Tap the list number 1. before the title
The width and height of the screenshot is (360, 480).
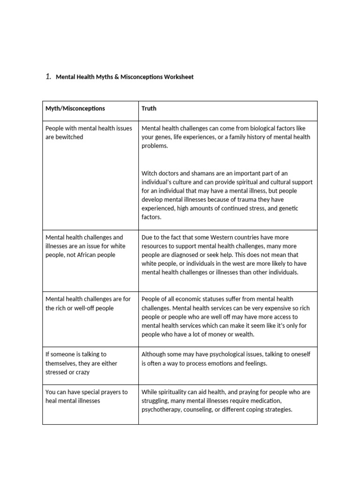tap(48, 77)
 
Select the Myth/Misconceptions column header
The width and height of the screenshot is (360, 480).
tap(75, 108)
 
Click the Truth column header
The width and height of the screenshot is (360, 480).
tap(149, 108)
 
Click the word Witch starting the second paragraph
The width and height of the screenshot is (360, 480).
tap(150, 173)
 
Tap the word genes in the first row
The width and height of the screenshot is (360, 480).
tap(167, 137)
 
